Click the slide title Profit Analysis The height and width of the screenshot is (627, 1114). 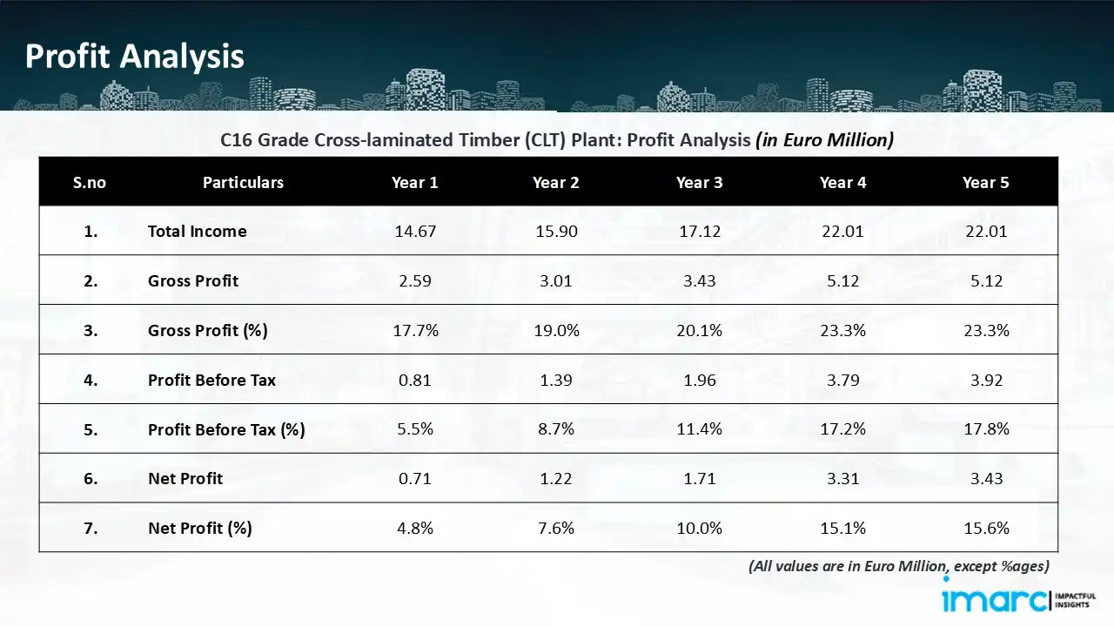[134, 57]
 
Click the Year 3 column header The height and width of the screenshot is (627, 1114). [699, 182]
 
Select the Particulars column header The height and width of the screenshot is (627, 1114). [243, 182]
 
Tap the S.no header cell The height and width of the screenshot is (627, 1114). [89, 182]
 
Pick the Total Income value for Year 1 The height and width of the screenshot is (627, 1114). [414, 231]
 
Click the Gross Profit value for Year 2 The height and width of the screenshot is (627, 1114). [556, 280]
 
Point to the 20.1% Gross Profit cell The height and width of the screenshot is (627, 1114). [699, 330]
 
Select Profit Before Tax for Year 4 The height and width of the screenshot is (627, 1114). [842, 380]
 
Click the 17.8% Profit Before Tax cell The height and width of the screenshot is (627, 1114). [985, 429]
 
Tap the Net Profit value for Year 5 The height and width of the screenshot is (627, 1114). [985, 478]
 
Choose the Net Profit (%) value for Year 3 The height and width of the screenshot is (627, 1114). [699, 528]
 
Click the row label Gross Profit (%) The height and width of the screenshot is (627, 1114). [207, 330]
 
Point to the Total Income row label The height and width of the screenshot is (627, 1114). [197, 231]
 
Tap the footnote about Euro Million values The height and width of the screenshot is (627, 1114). [898, 566]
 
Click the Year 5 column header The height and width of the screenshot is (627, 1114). [985, 182]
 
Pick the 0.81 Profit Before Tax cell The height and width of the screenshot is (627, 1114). [414, 380]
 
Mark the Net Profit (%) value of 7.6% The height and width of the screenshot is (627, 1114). [556, 528]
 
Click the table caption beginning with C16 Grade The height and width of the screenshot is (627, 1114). [557, 139]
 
